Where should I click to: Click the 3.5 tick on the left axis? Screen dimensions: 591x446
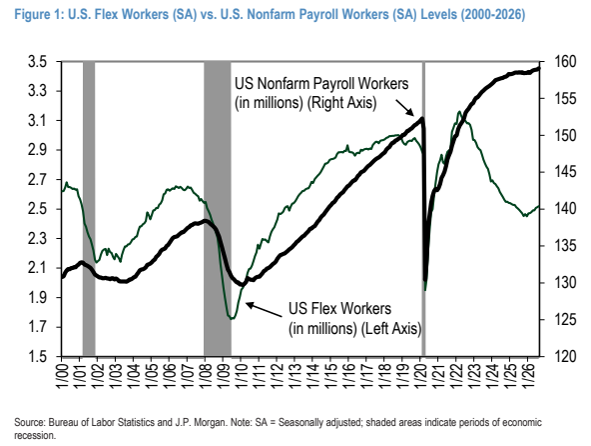[x=37, y=62]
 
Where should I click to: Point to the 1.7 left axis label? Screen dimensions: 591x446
[x=37, y=327]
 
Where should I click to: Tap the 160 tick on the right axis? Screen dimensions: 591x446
[x=565, y=62]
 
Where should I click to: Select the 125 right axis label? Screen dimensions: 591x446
[x=565, y=320]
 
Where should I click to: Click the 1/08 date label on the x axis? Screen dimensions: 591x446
[x=206, y=377]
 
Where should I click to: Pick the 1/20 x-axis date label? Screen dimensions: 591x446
[x=421, y=377]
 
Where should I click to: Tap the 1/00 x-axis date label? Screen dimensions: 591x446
[x=62, y=377]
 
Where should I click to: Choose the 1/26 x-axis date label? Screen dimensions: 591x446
[x=529, y=377]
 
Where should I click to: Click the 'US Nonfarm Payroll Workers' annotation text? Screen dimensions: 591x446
[x=321, y=83]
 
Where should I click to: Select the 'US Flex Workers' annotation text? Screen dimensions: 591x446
[x=340, y=309]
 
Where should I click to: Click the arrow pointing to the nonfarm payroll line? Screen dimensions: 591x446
[x=404, y=108]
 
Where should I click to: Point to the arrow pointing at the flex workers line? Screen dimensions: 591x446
[x=264, y=310]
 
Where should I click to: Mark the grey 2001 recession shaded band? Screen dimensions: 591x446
[x=89, y=208]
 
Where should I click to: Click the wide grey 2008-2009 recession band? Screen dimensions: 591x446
[x=218, y=208]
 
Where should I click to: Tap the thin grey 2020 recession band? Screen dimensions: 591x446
[x=423, y=208]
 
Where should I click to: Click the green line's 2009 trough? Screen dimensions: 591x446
[x=232, y=319]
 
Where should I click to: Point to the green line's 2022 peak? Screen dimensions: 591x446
[x=458, y=111]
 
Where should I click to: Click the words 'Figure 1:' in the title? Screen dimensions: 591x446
[x=39, y=15]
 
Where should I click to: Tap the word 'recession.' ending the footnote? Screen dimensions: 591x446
[x=35, y=435]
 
